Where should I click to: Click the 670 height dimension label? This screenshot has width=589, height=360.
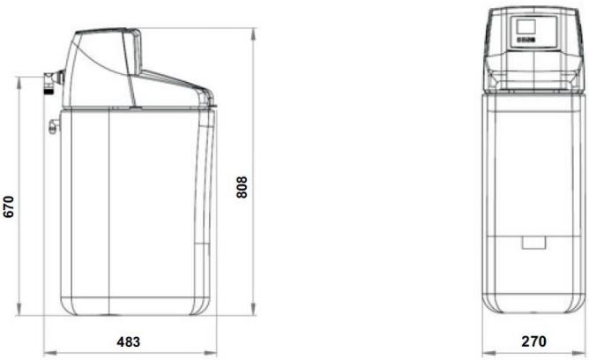pos(10,207)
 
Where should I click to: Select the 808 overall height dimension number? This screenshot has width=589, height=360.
pos(242,187)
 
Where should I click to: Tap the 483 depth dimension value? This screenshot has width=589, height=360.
pos(129,341)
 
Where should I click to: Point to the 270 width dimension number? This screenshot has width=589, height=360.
pos(533,341)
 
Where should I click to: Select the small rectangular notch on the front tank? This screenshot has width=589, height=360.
pos(533,241)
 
